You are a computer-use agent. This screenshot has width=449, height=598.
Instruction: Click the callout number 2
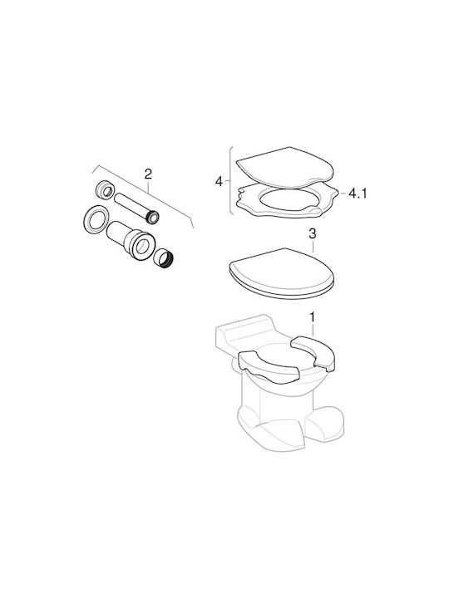click(x=148, y=174)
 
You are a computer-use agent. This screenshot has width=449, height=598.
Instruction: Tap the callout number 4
click(x=219, y=182)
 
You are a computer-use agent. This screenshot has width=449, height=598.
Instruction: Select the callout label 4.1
click(x=358, y=194)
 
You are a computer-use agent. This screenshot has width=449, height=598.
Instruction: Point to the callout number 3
click(x=313, y=233)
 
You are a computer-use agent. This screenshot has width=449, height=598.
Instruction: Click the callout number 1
click(x=312, y=317)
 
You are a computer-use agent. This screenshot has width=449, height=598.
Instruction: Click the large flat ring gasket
click(x=94, y=219)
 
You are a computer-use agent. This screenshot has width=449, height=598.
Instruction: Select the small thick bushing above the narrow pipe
click(x=103, y=190)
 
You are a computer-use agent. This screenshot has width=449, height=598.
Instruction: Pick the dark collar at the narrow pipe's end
click(x=154, y=217)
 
